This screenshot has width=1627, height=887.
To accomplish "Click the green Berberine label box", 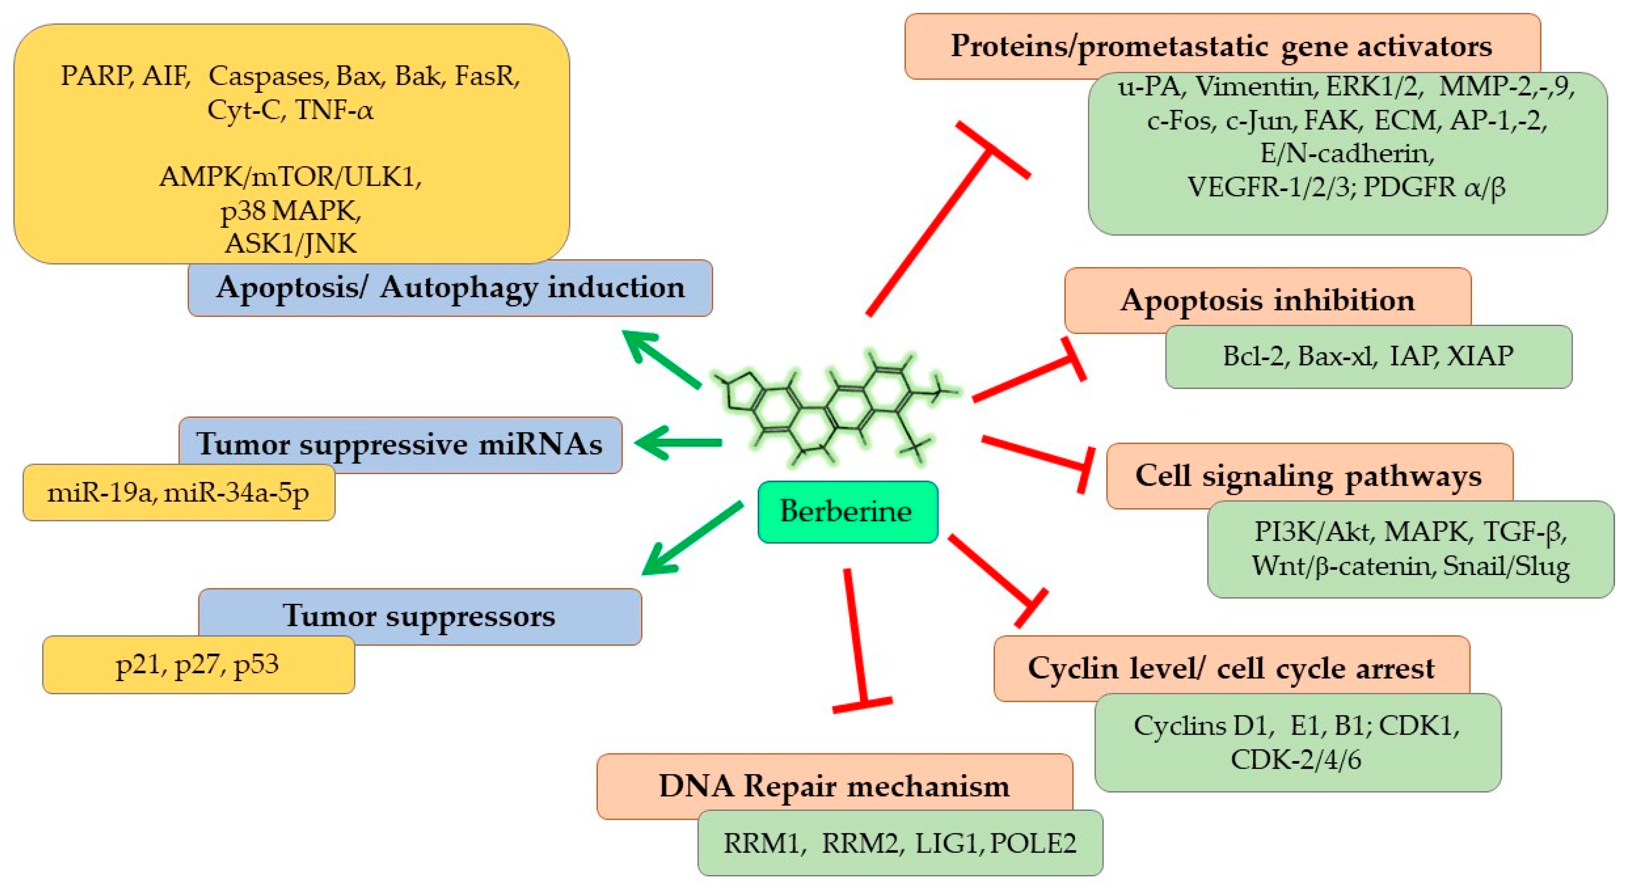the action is click(x=847, y=511).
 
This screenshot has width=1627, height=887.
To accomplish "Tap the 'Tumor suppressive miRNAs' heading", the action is click(x=399, y=444).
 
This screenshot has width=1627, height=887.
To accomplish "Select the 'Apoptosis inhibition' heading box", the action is click(x=1268, y=300).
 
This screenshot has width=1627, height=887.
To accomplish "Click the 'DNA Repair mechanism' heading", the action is click(x=834, y=786).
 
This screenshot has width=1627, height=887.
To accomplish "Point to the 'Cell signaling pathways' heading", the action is click(x=1309, y=475).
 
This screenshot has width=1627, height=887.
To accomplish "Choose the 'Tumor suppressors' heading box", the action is click(x=419, y=616).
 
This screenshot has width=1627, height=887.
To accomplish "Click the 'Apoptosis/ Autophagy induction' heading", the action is click(x=450, y=288).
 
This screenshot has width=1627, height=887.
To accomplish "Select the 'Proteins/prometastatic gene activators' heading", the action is click(x=1221, y=46).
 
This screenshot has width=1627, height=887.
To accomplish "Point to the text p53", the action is click(x=256, y=665).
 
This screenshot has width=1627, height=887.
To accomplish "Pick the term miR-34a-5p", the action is click(x=236, y=493).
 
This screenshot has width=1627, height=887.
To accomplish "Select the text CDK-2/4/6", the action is click(x=1296, y=759).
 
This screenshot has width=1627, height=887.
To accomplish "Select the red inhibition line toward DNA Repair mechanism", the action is click(x=858, y=641).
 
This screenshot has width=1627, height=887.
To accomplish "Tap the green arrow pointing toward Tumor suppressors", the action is click(x=692, y=538).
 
